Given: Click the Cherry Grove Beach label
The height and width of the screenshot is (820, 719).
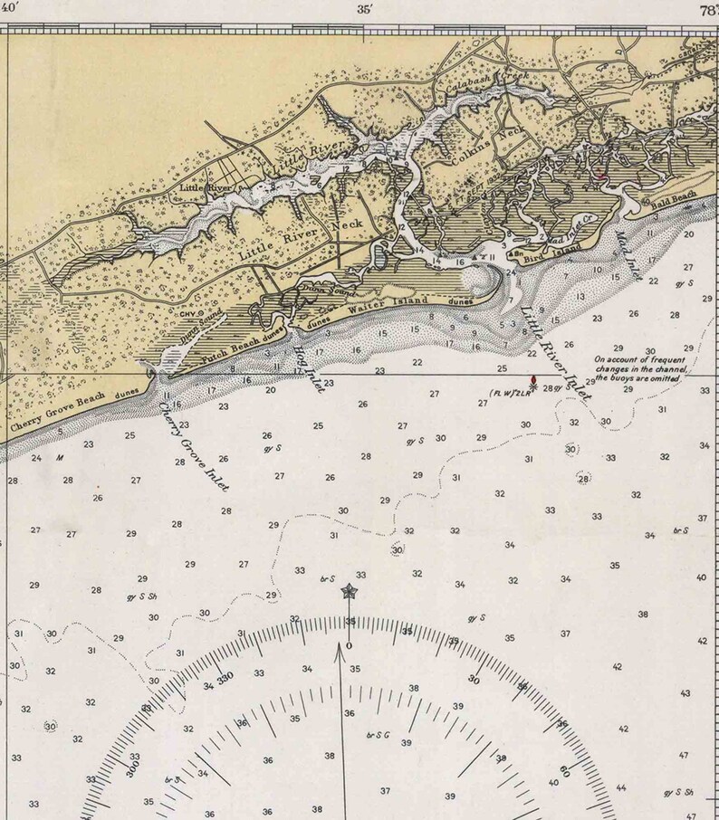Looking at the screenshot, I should click(53, 413).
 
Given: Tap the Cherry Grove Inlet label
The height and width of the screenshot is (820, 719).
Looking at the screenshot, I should click(193, 444).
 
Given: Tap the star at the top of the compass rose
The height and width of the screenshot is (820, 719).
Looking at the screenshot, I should click(349, 593).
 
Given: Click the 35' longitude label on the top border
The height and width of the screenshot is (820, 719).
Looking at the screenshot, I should click(365, 11).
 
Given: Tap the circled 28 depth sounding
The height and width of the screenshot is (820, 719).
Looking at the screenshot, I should click(583, 479).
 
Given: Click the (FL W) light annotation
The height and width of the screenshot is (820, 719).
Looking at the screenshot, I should click(508, 393).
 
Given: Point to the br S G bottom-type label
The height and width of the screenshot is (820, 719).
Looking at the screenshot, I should click(377, 735).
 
